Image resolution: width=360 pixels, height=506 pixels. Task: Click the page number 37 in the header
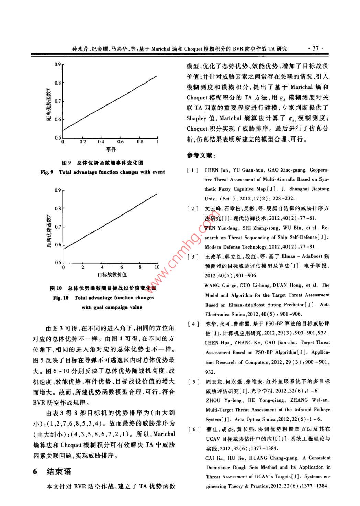(316, 48)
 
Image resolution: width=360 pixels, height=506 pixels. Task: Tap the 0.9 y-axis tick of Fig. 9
(57, 64)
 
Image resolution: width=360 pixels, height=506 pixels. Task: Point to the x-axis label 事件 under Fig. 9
(111, 149)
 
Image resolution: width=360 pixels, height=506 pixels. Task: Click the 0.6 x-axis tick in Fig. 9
(121, 142)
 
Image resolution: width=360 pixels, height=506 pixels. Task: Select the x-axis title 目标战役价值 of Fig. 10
(112, 274)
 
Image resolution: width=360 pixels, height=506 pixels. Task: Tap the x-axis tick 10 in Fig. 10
(157, 267)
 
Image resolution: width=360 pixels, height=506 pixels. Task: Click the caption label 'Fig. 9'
(47, 172)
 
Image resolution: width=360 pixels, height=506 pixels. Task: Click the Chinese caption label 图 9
(66, 163)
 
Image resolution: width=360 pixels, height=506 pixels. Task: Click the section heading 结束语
(59, 471)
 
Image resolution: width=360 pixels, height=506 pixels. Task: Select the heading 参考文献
(201, 156)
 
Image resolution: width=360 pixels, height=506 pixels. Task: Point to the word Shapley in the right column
(196, 118)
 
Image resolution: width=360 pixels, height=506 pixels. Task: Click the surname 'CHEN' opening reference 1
(211, 170)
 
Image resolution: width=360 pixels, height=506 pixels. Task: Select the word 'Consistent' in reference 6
(319, 458)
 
